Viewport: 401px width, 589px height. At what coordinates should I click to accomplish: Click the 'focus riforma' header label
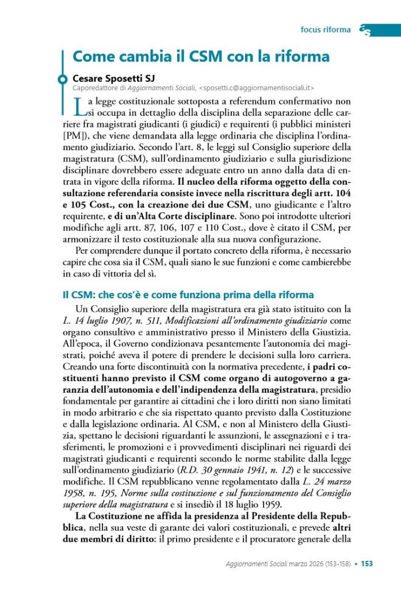pos(325,30)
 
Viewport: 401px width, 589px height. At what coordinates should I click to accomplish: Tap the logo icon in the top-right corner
pos(364,30)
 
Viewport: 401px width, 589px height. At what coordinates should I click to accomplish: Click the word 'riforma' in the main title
pos(301,58)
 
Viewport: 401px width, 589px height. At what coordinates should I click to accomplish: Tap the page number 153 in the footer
pos(367,564)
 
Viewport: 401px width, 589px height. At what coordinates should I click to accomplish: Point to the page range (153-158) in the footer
pos(334,564)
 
